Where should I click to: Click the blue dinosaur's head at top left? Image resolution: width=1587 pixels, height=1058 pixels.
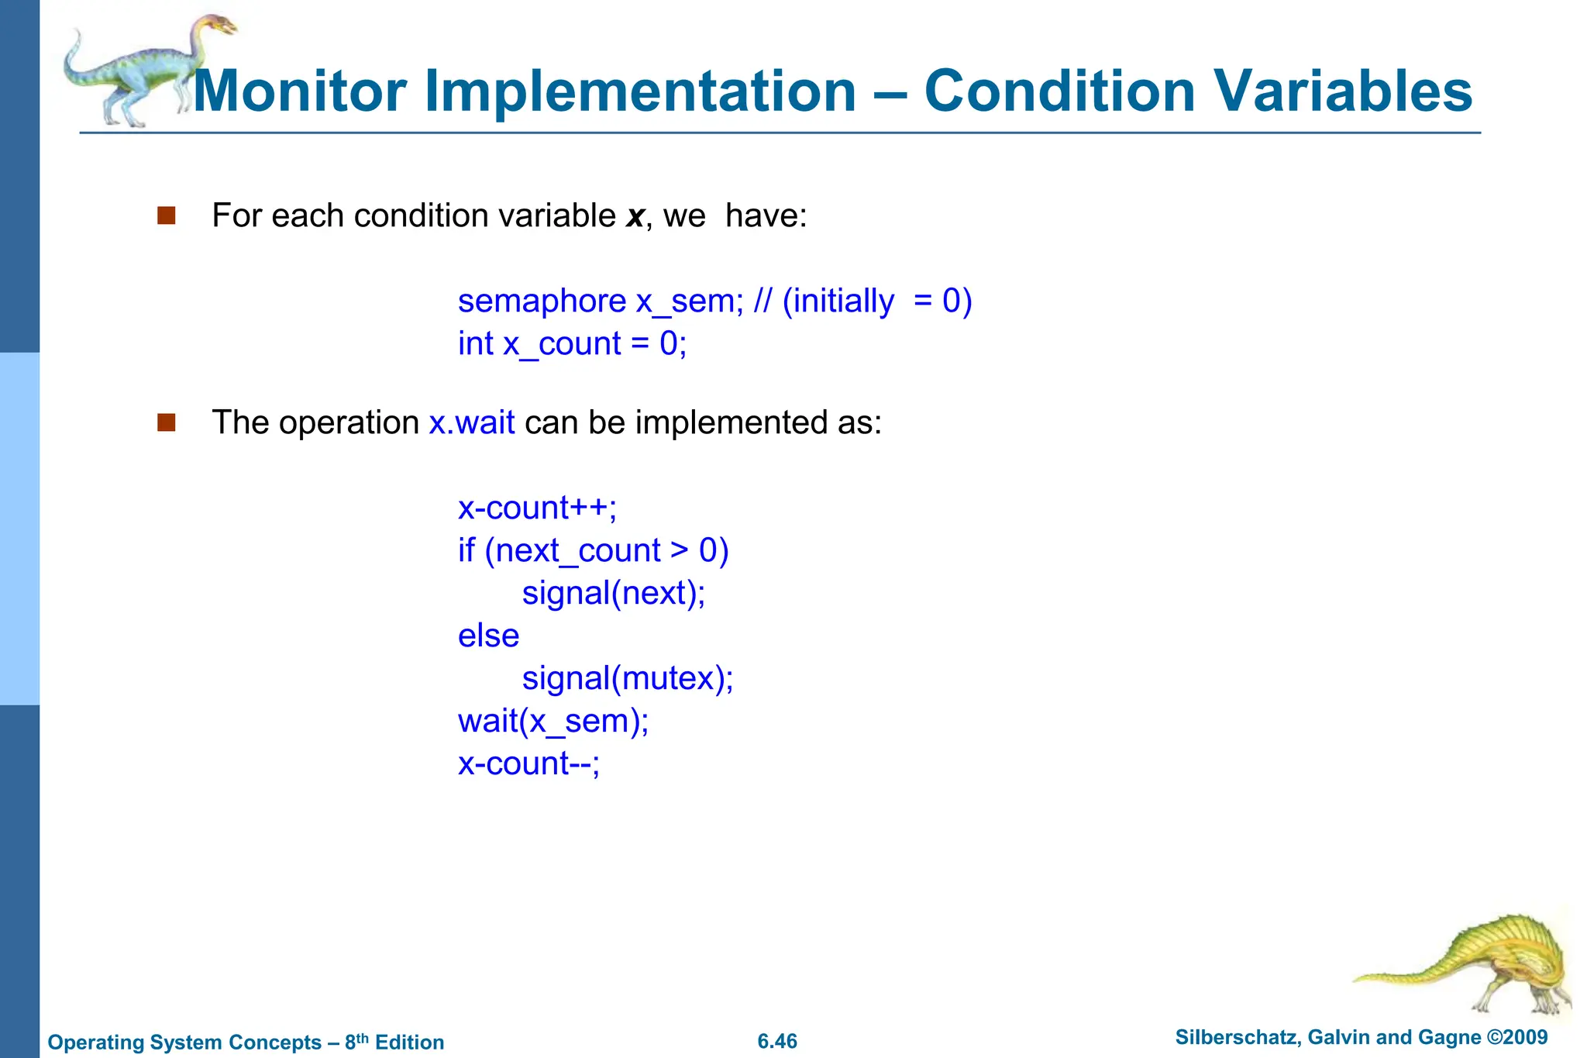click(219, 25)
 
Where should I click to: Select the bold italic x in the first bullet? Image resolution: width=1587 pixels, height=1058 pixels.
click(635, 216)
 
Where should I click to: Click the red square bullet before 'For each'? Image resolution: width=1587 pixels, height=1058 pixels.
click(167, 215)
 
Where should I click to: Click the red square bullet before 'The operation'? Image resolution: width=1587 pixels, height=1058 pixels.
click(167, 422)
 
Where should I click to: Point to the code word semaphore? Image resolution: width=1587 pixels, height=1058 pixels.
click(542, 301)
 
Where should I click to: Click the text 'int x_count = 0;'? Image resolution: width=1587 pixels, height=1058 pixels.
click(572, 343)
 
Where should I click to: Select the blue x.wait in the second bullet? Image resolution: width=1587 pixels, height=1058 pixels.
click(472, 422)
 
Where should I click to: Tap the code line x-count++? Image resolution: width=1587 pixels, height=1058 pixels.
click(537, 508)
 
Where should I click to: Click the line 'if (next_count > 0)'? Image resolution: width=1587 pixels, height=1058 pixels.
click(593, 551)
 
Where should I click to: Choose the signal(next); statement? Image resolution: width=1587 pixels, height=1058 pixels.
click(613, 594)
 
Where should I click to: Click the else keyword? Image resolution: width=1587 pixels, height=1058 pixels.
click(488, 636)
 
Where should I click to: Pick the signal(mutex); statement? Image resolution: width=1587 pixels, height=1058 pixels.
click(627, 679)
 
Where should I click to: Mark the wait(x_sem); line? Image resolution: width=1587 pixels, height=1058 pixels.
click(553, 722)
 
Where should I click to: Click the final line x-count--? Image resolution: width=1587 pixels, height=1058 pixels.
click(528, 764)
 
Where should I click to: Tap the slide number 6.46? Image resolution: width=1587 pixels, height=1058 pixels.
click(777, 1041)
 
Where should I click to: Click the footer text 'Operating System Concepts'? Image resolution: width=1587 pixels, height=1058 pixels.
click(184, 1042)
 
